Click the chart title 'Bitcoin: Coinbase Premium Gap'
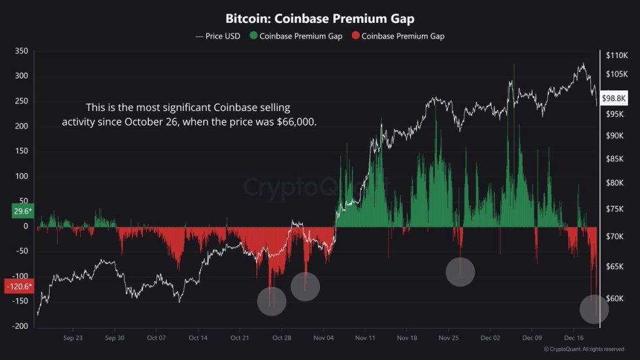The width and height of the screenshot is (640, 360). coord(319,19)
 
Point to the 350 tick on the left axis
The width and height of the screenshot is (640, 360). coord(21,51)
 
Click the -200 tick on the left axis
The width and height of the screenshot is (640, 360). coord(20,326)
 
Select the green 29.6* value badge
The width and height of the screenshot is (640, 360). coord(22,211)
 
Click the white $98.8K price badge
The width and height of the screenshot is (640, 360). coord(614,97)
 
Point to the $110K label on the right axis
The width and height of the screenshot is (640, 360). coord(616,55)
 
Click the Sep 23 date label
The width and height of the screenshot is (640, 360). coord(73,338)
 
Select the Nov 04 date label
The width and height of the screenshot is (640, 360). coord(323,338)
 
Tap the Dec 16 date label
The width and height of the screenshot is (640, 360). coord(574,338)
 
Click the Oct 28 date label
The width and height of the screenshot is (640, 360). coord(281,338)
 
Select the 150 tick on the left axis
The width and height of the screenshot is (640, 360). coord(21,151)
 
